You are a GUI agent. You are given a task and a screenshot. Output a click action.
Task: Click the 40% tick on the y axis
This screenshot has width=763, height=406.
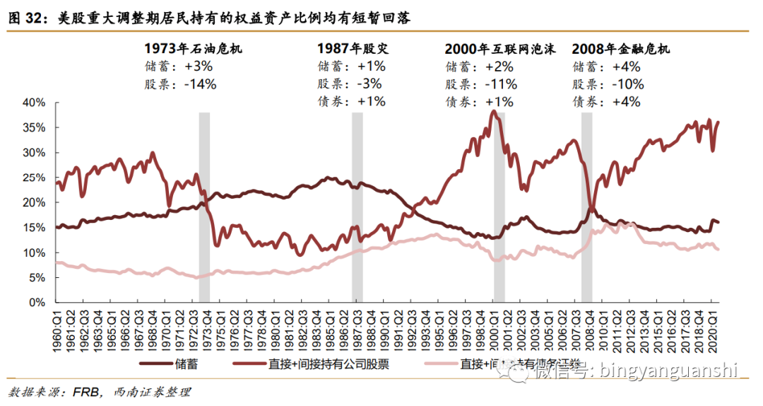[x=34, y=103]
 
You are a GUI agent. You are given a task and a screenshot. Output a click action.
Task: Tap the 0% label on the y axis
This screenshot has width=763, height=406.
[x=37, y=303]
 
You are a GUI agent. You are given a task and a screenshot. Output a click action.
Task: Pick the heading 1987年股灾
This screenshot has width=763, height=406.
[x=353, y=49]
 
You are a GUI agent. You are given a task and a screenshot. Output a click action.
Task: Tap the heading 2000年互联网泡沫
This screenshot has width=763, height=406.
[x=500, y=49]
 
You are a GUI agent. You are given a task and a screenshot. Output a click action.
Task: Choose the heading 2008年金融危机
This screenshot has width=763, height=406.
[x=621, y=49]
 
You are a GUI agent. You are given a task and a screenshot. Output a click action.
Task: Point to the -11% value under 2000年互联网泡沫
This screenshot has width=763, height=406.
[x=501, y=84]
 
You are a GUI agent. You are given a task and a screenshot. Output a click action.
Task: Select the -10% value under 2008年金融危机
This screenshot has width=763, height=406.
[x=627, y=84]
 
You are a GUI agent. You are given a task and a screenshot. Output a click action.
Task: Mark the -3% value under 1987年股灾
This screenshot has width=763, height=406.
[x=371, y=84]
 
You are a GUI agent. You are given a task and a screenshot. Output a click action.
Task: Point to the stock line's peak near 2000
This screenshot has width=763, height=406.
[x=492, y=111]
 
